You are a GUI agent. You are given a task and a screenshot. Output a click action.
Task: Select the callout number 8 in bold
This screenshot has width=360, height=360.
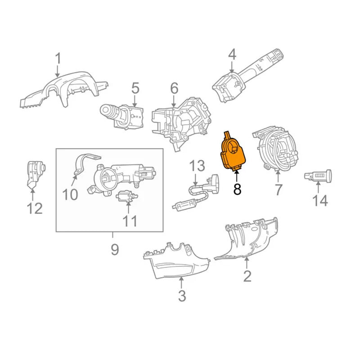coord(237,189)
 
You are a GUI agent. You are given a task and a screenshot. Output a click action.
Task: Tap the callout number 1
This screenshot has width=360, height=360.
coord(58,58)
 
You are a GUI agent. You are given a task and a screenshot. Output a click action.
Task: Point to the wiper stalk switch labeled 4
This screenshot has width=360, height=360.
coord(248,76)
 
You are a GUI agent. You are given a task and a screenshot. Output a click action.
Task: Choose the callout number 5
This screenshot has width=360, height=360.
coord(135,88)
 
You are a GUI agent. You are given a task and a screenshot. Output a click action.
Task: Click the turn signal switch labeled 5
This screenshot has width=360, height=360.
coord(121,116)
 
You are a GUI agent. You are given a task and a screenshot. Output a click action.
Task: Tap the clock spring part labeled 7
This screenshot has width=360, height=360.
coord(275,148)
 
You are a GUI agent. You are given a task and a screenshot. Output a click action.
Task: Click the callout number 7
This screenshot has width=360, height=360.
coord(278,190)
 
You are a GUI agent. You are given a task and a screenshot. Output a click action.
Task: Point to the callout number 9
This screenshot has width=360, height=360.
coord(115,250)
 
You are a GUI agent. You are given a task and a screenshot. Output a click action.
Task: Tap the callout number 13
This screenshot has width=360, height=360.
coord(197,166)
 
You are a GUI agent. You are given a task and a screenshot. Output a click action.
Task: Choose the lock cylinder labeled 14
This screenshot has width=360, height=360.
coord(318,176)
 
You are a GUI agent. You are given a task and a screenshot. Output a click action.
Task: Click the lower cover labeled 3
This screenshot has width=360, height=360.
coord(177,261)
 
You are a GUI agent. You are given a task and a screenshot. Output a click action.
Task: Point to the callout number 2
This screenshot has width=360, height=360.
coord(247,276)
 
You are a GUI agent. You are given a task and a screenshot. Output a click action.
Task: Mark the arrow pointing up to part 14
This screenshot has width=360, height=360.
coord(318,187)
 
